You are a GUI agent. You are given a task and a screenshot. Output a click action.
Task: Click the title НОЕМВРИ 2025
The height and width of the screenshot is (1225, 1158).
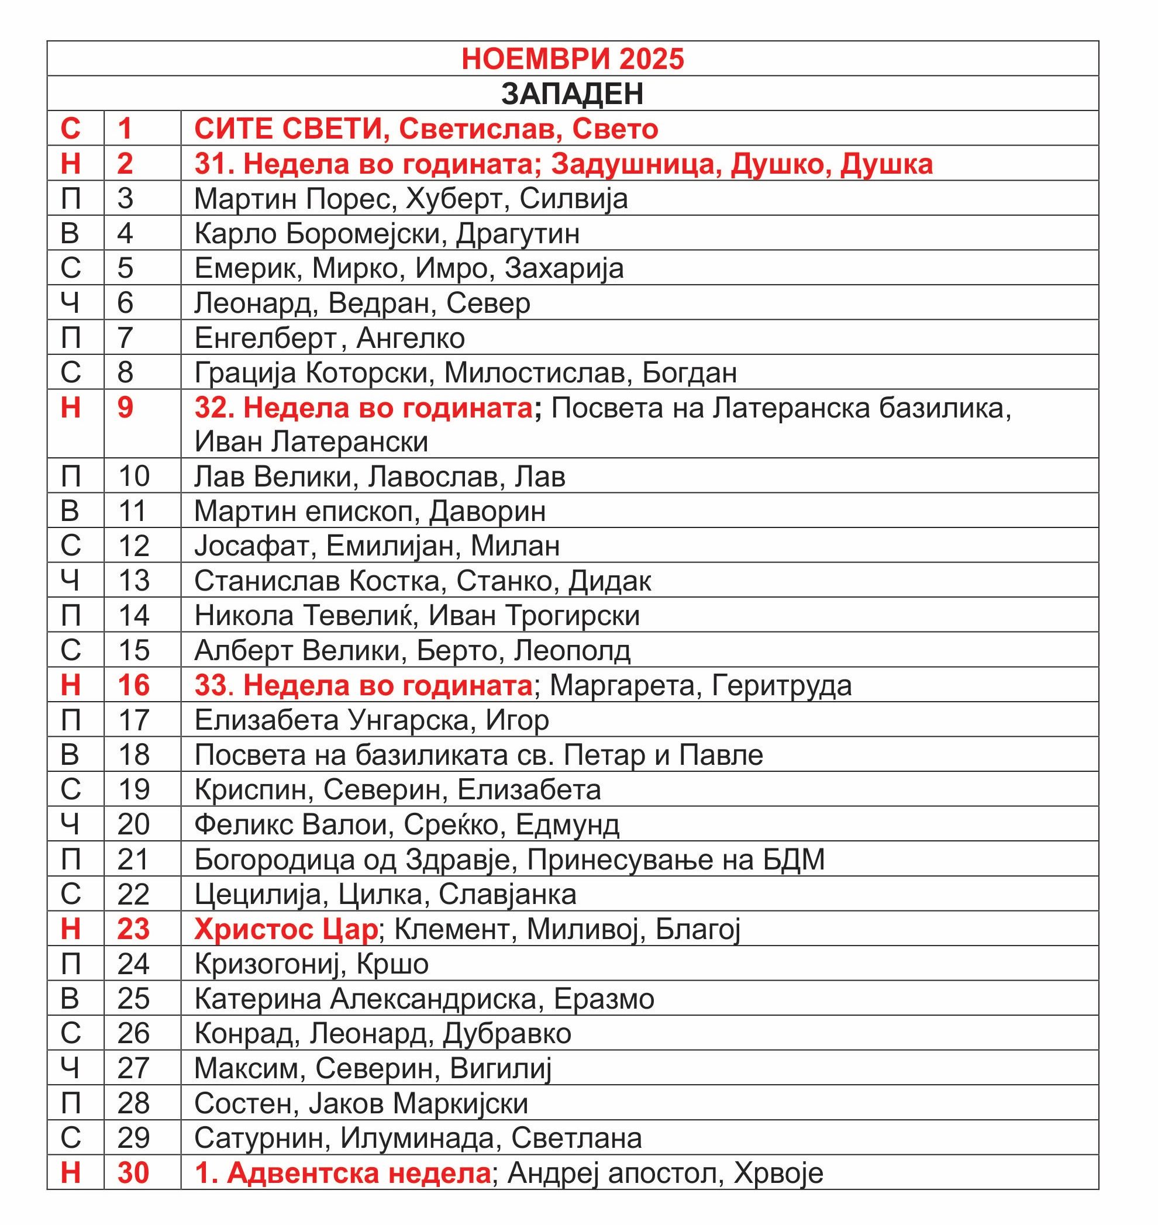click(572, 59)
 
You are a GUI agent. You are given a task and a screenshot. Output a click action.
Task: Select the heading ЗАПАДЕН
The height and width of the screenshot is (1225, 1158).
click(572, 94)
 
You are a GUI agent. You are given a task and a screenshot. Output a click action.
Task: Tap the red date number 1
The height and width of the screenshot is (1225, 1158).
click(125, 129)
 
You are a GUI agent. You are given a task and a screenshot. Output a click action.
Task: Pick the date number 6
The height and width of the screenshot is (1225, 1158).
click(125, 303)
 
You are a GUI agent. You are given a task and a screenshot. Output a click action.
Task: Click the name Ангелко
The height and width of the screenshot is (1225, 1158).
click(411, 338)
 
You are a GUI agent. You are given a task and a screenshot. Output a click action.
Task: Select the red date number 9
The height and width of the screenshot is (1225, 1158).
click(125, 408)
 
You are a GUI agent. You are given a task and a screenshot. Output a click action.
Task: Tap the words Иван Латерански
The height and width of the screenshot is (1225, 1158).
click(311, 442)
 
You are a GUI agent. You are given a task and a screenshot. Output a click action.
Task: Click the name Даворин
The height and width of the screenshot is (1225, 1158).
click(487, 512)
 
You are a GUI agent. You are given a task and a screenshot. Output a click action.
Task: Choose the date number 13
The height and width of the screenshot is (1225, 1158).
click(133, 581)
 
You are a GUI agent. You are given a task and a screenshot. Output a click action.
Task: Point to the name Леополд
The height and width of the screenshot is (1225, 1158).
click(572, 650)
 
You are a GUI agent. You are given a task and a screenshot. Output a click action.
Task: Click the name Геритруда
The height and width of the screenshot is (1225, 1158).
click(781, 686)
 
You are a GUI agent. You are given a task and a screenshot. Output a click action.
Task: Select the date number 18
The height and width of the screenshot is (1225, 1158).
click(133, 755)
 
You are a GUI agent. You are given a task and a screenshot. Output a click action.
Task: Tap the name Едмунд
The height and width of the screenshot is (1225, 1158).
click(567, 824)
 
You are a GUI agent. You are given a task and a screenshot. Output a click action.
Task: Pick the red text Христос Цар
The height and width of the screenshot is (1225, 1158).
click(285, 929)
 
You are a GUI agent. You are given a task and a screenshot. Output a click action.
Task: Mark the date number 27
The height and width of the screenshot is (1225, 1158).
click(133, 1068)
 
